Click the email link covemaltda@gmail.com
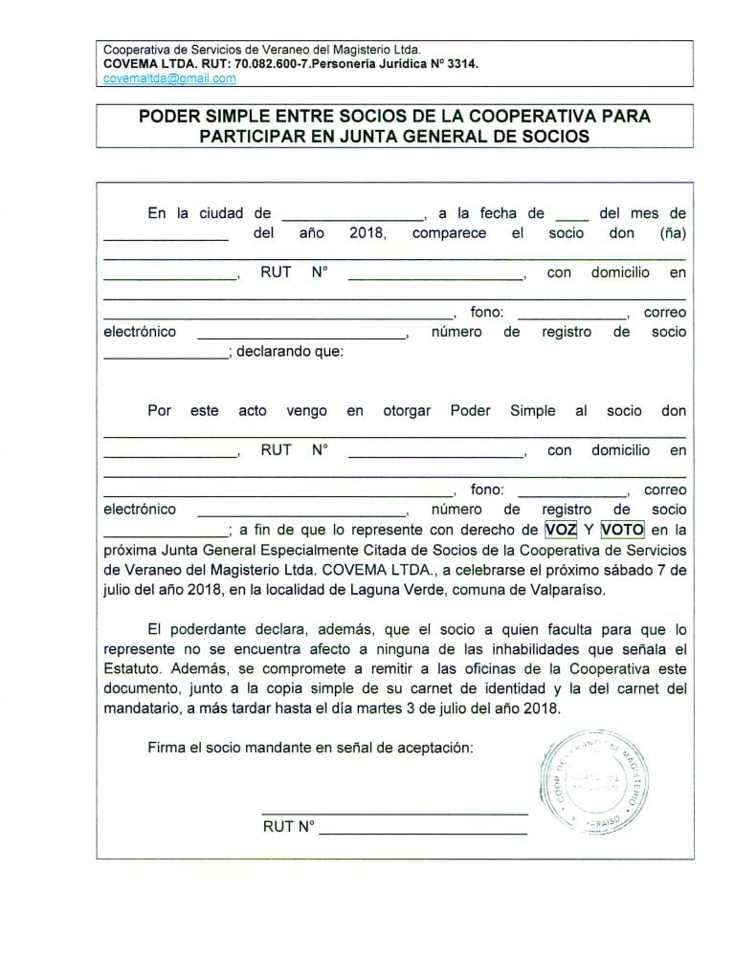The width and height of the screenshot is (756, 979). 169,79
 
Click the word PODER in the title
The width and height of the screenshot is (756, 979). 165,117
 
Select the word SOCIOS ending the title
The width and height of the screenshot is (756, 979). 556,136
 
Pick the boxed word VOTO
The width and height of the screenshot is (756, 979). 622,528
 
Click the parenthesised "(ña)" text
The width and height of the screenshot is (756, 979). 673,233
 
